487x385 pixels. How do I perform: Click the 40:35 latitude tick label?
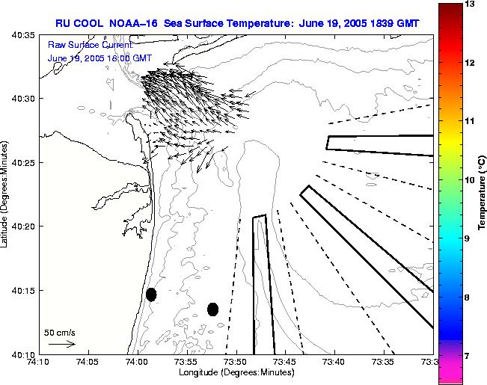[23, 35]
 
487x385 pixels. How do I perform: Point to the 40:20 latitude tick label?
[23, 227]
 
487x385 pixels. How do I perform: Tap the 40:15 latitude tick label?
[23, 290]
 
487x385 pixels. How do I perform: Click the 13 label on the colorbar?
[470, 4]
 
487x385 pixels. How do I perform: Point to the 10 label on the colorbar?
[470, 179]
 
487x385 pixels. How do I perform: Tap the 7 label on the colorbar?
[470, 356]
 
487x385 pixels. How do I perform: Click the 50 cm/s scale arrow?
[61, 344]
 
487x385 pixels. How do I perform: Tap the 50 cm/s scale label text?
[60, 333]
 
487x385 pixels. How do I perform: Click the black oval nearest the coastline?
[151, 295]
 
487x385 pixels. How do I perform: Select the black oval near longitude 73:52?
[212, 309]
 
